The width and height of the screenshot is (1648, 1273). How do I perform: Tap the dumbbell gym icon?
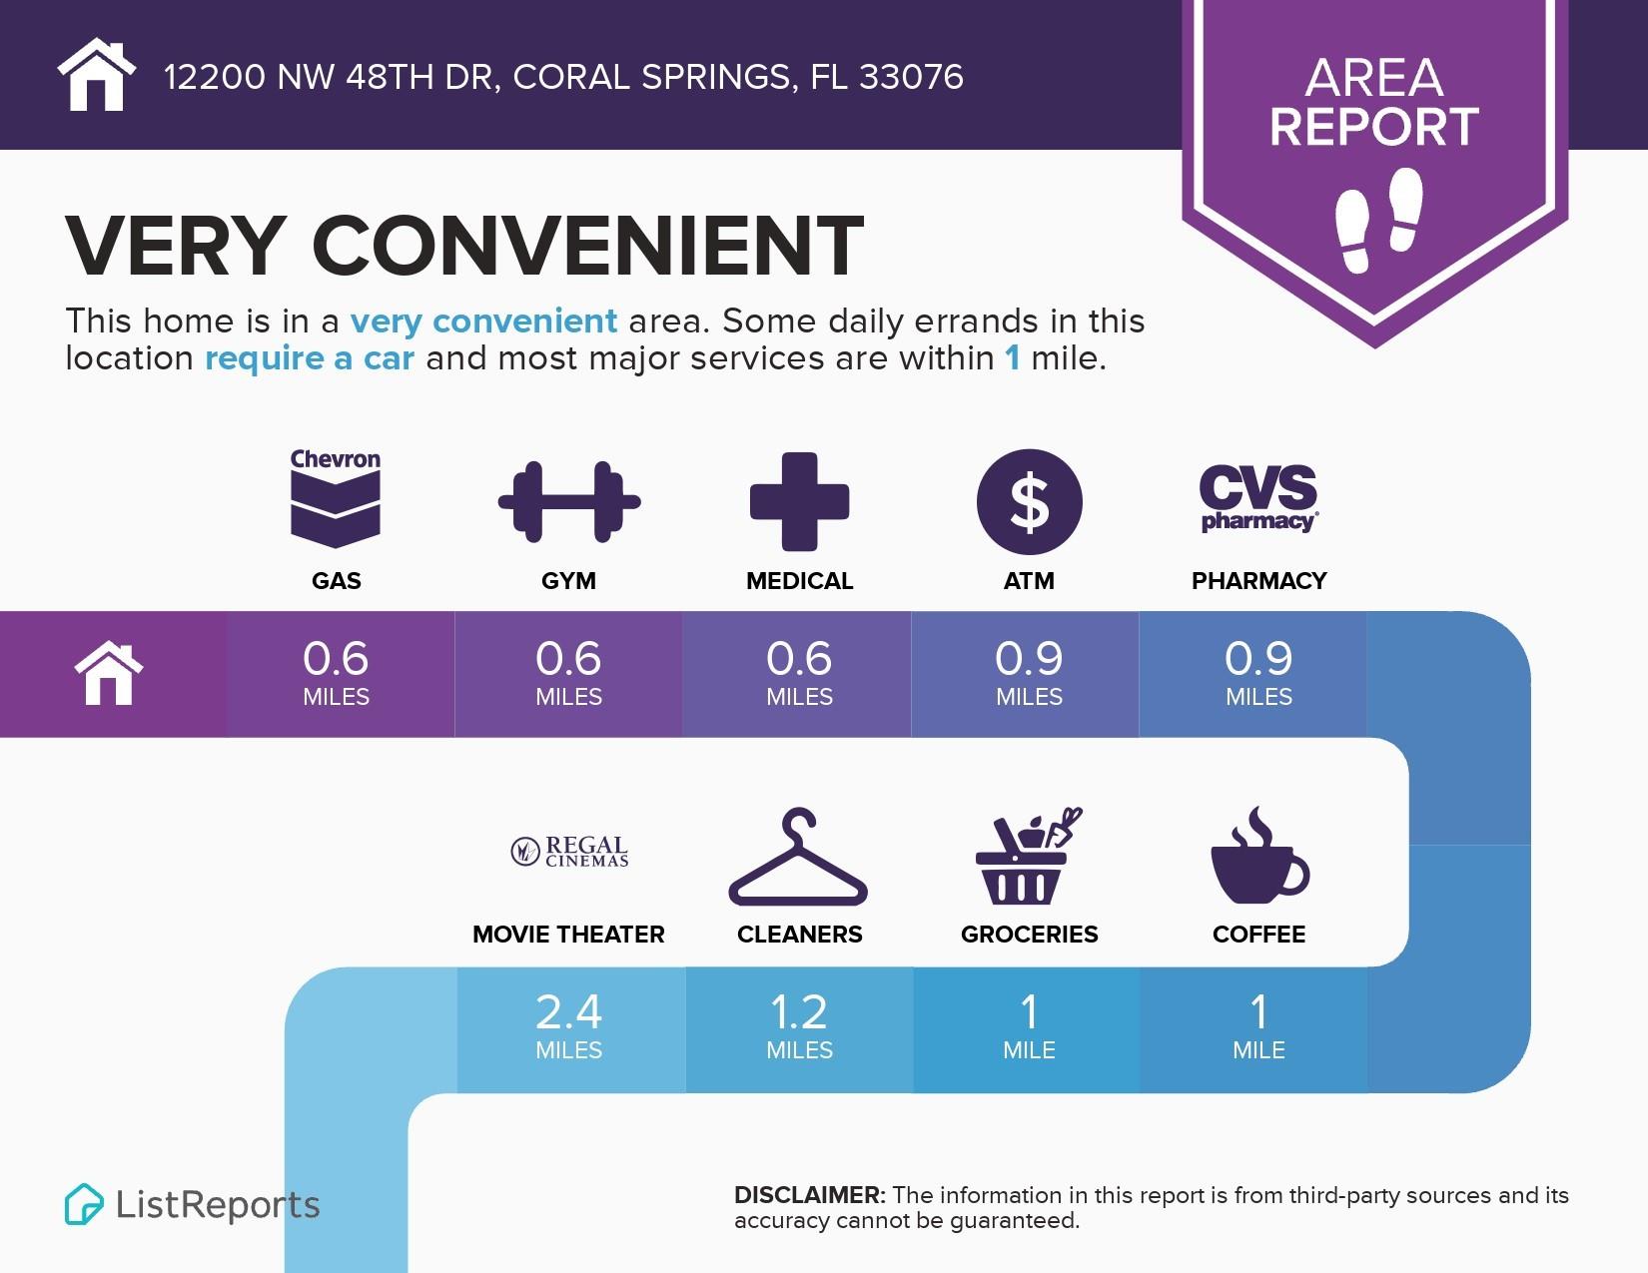569,501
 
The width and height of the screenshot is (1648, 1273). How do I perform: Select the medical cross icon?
799,501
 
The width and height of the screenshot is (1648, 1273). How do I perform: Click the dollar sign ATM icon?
1029,501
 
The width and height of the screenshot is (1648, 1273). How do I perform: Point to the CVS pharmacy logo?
1258,497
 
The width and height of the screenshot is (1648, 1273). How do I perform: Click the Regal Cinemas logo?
569,852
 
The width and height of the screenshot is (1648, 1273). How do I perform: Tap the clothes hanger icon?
798,858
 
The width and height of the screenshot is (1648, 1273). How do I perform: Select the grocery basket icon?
1028,856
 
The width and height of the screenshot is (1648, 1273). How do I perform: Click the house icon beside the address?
96,75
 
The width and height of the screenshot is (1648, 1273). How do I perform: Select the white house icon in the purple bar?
109,674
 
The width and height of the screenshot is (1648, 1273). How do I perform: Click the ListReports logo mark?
84,1204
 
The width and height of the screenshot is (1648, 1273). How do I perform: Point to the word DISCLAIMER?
809,1195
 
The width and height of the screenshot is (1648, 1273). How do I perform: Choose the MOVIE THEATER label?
568,935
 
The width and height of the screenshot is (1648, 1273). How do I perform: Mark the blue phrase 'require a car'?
310,358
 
